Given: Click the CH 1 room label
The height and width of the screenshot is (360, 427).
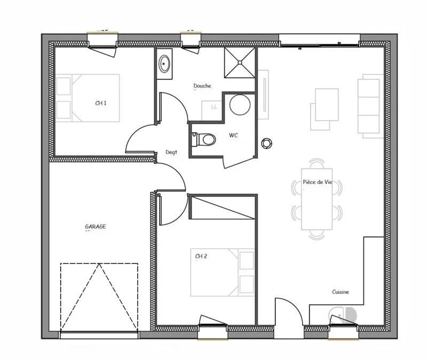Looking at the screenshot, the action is tap(101, 103).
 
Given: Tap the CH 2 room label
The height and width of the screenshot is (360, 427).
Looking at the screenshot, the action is tap(201, 256).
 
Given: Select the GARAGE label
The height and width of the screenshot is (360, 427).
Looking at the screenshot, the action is tap(96, 226).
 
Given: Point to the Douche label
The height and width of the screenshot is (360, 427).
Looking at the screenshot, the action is tap(202, 86).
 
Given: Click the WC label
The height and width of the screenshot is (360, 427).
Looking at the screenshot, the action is tap(233, 135).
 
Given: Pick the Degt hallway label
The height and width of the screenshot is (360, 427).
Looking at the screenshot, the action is tap(171, 153).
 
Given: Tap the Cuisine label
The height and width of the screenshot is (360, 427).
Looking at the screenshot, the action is tap(341, 292).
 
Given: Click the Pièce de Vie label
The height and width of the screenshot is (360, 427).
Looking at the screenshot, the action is tap(318, 182).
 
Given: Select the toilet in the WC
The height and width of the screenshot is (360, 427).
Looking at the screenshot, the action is tap(204, 139).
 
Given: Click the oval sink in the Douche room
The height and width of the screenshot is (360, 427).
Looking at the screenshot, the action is tap(164, 63).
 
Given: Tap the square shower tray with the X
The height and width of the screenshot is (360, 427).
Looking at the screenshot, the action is tap(240, 62).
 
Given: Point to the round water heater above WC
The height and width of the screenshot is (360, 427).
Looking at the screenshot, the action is tap(240, 105).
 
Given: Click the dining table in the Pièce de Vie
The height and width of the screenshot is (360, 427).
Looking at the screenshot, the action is tap(317, 199).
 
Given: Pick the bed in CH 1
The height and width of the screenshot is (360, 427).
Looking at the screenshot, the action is tap(88, 98).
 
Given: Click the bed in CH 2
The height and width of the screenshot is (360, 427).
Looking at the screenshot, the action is tap(223, 272).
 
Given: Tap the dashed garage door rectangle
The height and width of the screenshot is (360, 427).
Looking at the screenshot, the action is tap(99, 297).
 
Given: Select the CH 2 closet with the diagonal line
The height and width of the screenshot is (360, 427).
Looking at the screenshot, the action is tap(223, 207).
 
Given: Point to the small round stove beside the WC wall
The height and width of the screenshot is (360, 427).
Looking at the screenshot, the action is tap(266, 143).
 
